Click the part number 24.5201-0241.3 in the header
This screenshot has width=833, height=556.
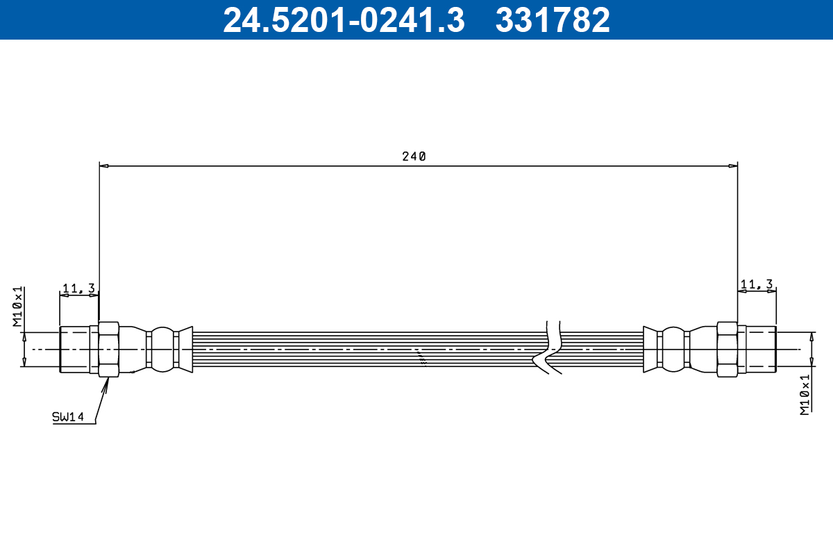tap(343, 20)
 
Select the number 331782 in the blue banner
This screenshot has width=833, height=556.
tap(553, 20)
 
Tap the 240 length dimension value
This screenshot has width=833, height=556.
tap(414, 156)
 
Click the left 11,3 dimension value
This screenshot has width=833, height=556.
tap(78, 287)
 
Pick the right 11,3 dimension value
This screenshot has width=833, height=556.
tap(757, 284)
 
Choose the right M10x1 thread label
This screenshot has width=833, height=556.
tap(805, 394)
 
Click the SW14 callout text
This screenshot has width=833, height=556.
tap(67, 417)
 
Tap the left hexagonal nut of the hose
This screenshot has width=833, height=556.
tap(109, 349)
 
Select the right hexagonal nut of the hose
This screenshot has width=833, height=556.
tap(727, 349)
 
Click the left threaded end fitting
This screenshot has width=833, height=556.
tap(74, 349)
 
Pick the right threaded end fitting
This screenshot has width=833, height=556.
tap(759, 349)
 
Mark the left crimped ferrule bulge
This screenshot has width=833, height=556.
tap(163, 349)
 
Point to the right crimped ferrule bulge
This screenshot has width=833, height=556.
tap(672, 349)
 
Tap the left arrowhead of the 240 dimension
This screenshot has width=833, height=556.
tap(104, 166)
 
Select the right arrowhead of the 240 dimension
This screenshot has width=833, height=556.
tap(732, 166)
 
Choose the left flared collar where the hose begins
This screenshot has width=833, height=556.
tap(185, 349)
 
